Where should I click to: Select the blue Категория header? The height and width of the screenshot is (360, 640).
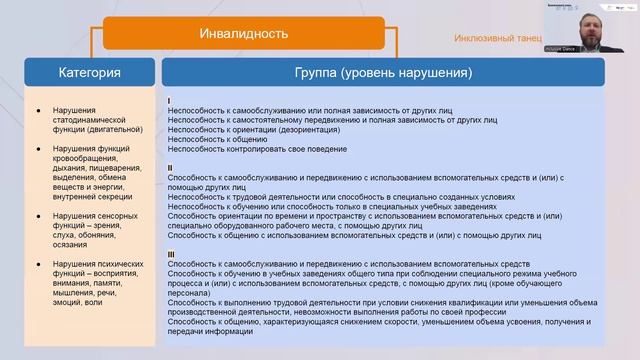click(x=90, y=73)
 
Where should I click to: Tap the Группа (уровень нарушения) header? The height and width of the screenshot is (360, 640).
click(x=383, y=73)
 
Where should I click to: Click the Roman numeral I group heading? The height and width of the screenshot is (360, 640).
click(x=170, y=101)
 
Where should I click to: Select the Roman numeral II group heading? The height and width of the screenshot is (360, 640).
click(x=171, y=167)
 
